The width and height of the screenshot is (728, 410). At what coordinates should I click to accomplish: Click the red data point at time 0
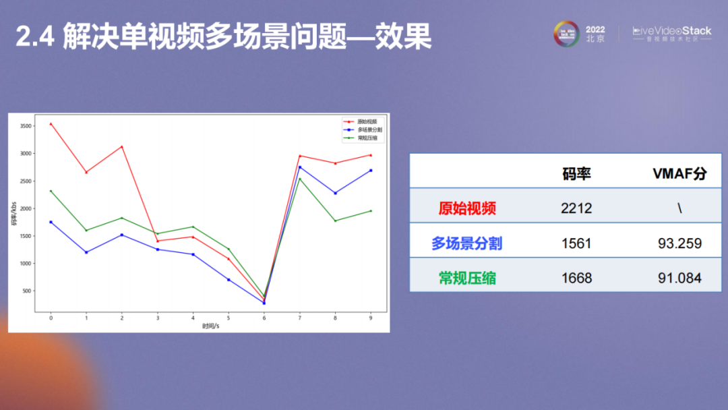(x=51, y=124)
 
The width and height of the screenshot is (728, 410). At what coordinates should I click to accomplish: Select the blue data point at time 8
(x=335, y=193)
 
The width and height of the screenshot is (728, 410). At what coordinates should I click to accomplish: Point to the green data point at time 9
(x=371, y=211)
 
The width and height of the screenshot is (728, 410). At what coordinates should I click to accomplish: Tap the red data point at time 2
(x=122, y=146)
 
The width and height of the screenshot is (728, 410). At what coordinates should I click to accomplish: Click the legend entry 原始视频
(x=367, y=121)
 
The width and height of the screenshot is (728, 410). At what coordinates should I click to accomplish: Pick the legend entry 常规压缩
(x=367, y=138)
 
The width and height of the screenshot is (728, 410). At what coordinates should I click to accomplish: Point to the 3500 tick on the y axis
(x=26, y=126)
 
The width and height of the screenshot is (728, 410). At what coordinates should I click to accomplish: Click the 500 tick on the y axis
(x=27, y=291)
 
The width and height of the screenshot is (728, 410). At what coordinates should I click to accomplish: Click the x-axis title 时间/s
(x=210, y=326)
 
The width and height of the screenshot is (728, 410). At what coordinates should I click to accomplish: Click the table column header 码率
(x=576, y=173)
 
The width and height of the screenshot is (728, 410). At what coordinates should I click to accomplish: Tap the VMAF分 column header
(x=679, y=173)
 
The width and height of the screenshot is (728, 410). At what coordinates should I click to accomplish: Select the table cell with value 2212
(x=576, y=208)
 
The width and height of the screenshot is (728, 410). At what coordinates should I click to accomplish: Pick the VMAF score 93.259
(x=679, y=243)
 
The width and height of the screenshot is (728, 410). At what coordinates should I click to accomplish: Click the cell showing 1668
(x=576, y=278)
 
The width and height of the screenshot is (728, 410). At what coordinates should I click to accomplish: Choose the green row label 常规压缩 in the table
(x=467, y=278)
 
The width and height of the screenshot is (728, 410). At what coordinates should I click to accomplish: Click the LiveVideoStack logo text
(x=671, y=31)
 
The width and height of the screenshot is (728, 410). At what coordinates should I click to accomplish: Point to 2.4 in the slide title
(x=33, y=38)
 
